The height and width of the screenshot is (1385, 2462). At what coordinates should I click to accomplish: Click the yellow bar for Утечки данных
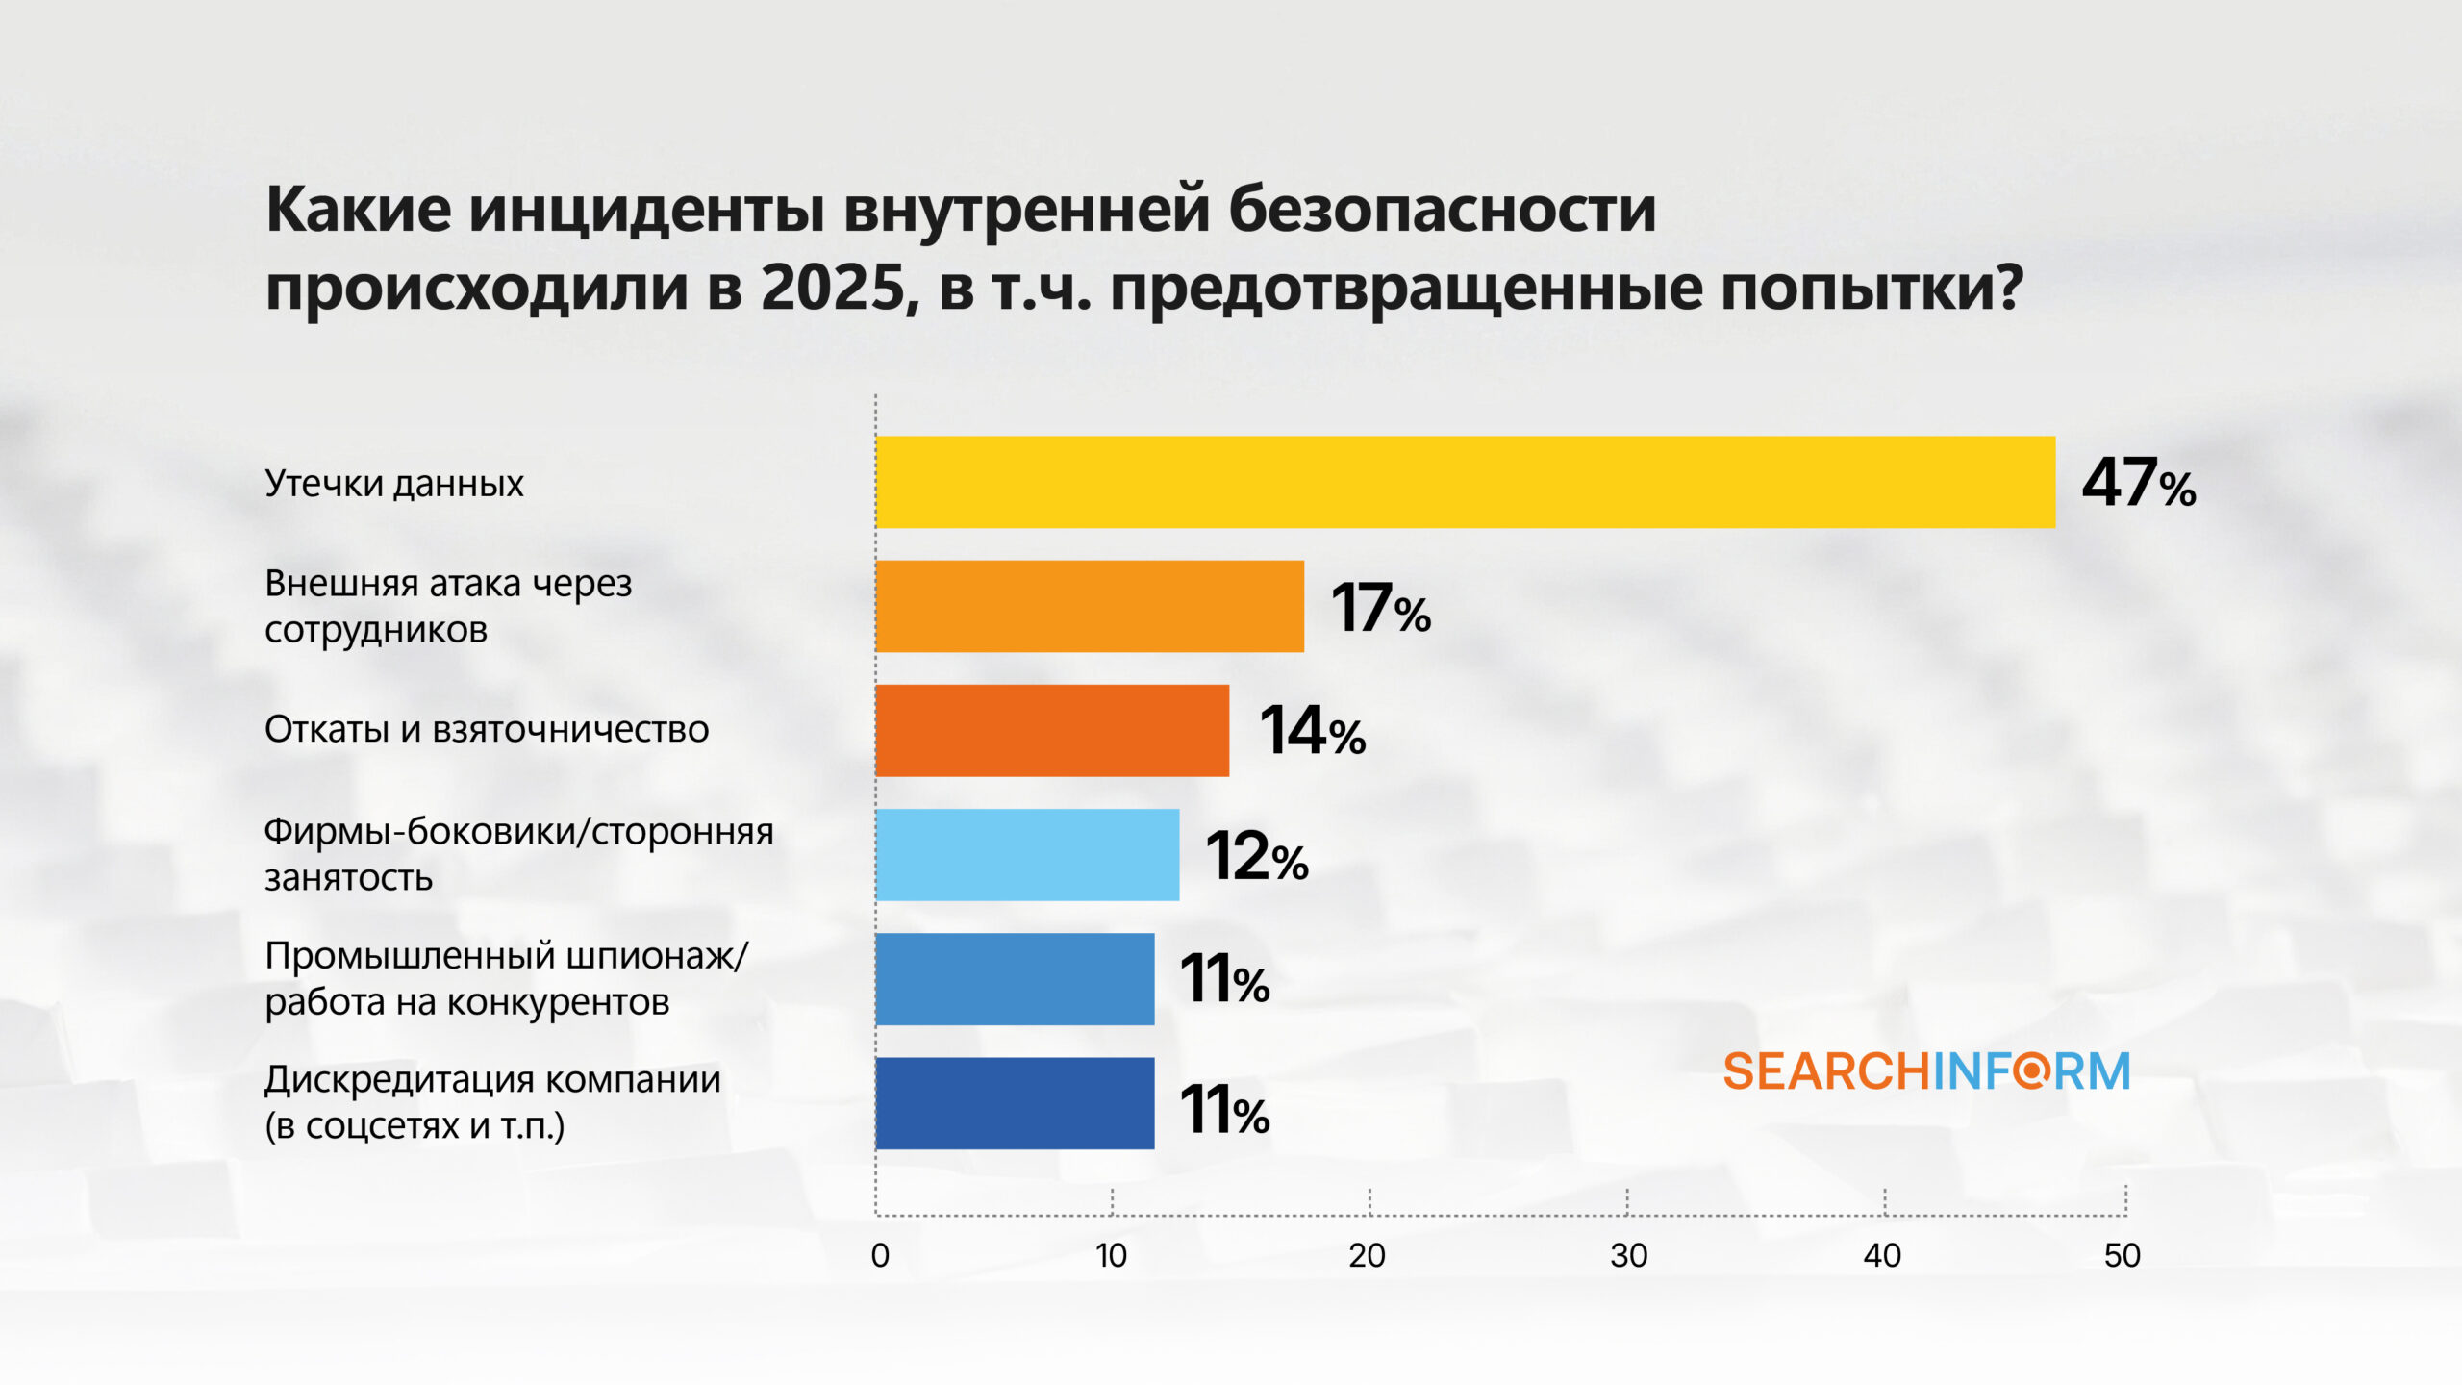[x=1465, y=482]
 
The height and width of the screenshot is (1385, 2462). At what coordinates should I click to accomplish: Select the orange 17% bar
[x=1090, y=606]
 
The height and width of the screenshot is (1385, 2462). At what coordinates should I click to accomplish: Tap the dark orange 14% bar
[x=1052, y=730]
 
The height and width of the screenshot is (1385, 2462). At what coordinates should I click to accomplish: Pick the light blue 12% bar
[x=1027, y=854]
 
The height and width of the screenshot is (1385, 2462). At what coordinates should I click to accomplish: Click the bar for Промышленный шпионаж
[x=1015, y=978]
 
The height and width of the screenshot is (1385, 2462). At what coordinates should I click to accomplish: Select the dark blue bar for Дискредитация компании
[x=1015, y=1103]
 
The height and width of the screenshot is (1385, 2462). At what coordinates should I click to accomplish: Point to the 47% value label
[x=2138, y=483]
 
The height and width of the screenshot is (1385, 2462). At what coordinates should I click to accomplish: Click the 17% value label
[x=1380, y=608]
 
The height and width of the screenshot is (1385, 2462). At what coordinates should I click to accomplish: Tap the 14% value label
[x=1312, y=731]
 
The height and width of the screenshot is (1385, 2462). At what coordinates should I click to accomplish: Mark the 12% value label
[x=1256, y=856]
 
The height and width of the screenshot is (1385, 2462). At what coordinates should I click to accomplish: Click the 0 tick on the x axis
[x=880, y=1255]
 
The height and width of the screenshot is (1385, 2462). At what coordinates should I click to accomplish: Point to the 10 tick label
[x=1112, y=1255]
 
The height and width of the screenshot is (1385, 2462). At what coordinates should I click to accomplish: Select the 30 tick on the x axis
[x=1628, y=1255]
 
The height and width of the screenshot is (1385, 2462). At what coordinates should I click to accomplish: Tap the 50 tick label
[x=2123, y=1255]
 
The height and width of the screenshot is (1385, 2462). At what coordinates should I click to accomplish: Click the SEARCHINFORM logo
[x=1926, y=1071]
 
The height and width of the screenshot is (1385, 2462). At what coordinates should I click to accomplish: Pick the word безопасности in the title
[x=1442, y=209]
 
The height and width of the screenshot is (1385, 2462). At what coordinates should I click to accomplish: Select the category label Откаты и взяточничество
[x=487, y=729]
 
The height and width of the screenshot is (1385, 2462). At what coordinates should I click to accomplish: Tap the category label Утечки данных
[x=394, y=483]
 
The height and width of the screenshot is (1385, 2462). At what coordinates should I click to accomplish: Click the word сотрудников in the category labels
[x=376, y=630]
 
